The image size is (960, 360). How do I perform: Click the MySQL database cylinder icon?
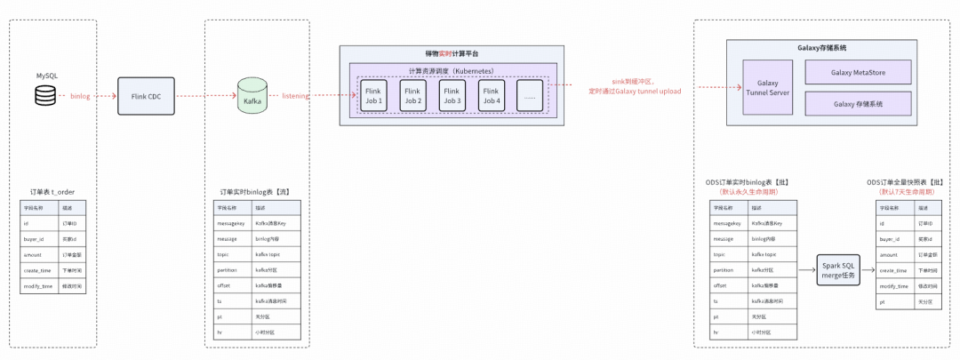tap(44, 95)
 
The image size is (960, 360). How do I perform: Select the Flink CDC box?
tap(146, 95)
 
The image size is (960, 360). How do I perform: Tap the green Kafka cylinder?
tap(251, 96)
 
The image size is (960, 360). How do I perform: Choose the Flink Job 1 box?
tap(373, 95)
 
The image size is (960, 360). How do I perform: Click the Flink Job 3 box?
tap(452, 95)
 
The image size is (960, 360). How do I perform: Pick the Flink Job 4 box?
tap(491, 95)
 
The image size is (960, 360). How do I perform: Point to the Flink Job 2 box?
tap(412, 95)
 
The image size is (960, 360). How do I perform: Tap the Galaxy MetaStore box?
tap(858, 72)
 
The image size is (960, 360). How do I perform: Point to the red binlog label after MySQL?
tap(80, 95)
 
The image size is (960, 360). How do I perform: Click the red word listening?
tap(296, 95)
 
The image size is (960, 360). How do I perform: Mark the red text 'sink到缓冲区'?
tap(632, 81)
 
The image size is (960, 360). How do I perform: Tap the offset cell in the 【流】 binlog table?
tap(225, 286)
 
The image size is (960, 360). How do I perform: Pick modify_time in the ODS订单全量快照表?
tap(894, 286)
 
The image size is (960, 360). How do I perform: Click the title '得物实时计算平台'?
tap(452, 54)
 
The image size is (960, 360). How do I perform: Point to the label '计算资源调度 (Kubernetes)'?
tap(452, 70)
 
